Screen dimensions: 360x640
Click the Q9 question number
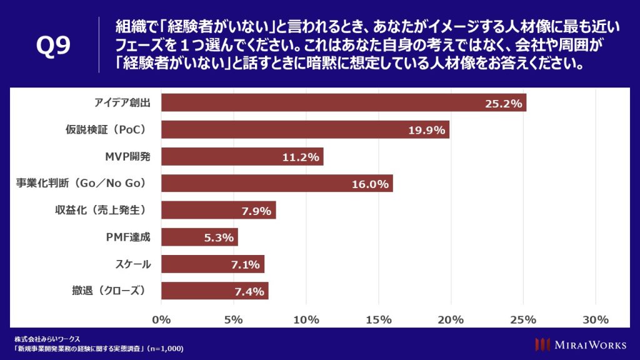[53, 47]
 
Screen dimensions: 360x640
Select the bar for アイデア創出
[343, 102]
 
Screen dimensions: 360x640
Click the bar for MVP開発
[242, 156]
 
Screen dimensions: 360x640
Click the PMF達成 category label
[129, 237]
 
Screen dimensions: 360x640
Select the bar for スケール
[212, 264]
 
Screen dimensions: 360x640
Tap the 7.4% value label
[248, 291]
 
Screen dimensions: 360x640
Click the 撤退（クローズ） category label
[109, 291]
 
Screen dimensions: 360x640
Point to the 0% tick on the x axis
[162, 320]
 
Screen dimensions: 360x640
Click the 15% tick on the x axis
[379, 320]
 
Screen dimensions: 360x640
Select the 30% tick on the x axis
[595, 320]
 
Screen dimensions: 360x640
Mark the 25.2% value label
[503, 103]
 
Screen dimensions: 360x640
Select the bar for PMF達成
[200, 237]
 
